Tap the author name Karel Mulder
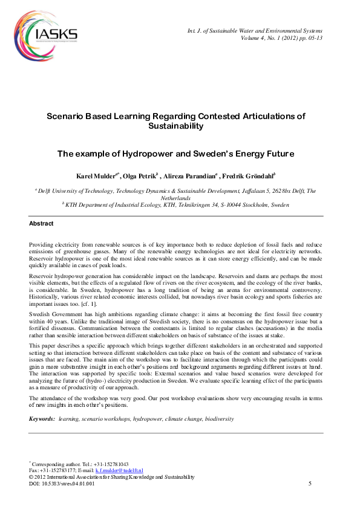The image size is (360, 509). (96, 176)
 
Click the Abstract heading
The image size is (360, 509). (41, 224)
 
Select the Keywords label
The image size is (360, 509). (42, 418)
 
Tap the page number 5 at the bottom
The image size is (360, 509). (310, 484)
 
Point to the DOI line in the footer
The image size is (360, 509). (62, 484)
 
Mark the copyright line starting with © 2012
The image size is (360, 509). (112, 477)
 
